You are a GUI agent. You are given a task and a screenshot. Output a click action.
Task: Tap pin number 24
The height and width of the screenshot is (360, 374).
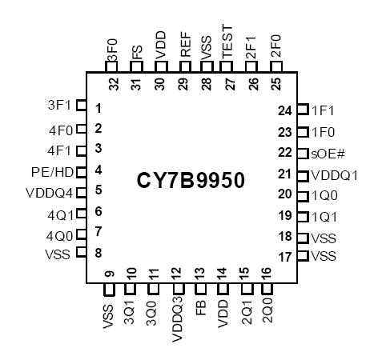coord(284,110)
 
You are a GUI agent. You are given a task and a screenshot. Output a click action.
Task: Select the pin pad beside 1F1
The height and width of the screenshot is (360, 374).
coord(302,110)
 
